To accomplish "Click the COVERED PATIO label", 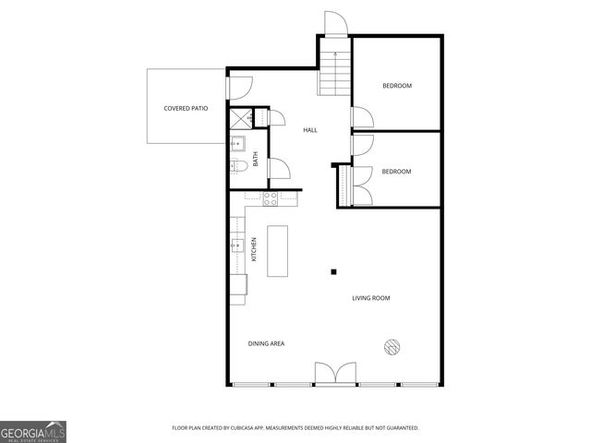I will (186, 108).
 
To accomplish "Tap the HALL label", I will (310, 130).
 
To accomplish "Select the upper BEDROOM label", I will (397, 86).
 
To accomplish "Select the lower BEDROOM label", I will (396, 171).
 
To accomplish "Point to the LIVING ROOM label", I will (370, 298).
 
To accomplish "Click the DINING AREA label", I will (266, 343).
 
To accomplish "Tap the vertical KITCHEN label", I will (254, 249).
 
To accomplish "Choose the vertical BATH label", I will (256, 158).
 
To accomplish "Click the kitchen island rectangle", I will (278, 250).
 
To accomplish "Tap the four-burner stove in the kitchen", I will (271, 196).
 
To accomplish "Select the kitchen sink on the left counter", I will (237, 245).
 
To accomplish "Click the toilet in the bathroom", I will (236, 165).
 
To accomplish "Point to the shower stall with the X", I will (240, 117).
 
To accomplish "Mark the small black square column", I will (334, 271).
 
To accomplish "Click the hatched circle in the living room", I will (391, 346).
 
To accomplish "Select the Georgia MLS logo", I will (33, 431).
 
